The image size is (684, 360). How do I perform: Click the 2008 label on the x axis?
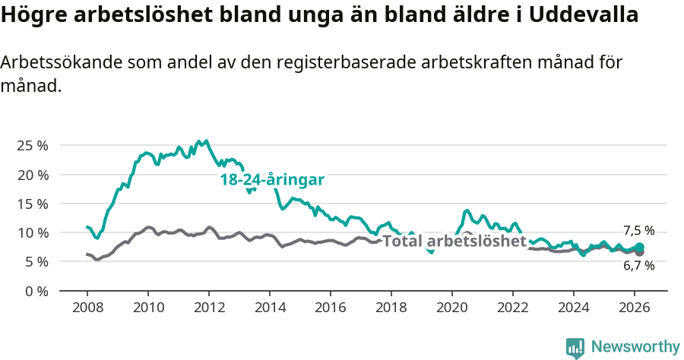click(x=87, y=308)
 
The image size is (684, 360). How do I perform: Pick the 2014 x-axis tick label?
click(x=270, y=308)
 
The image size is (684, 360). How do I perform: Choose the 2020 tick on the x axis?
click(x=452, y=308)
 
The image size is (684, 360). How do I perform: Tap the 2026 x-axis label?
click(x=635, y=308)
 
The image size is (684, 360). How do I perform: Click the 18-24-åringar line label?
click(x=272, y=180)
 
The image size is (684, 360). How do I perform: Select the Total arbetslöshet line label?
click(x=454, y=242)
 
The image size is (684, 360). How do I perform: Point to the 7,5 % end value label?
click(x=638, y=231)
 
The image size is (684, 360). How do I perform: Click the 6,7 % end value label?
click(x=638, y=266)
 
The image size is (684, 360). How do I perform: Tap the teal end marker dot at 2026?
click(x=640, y=247)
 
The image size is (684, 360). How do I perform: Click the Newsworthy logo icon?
click(x=575, y=348)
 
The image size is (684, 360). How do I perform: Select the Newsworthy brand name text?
click(x=635, y=347)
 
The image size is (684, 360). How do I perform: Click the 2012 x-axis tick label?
click(x=209, y=308)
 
